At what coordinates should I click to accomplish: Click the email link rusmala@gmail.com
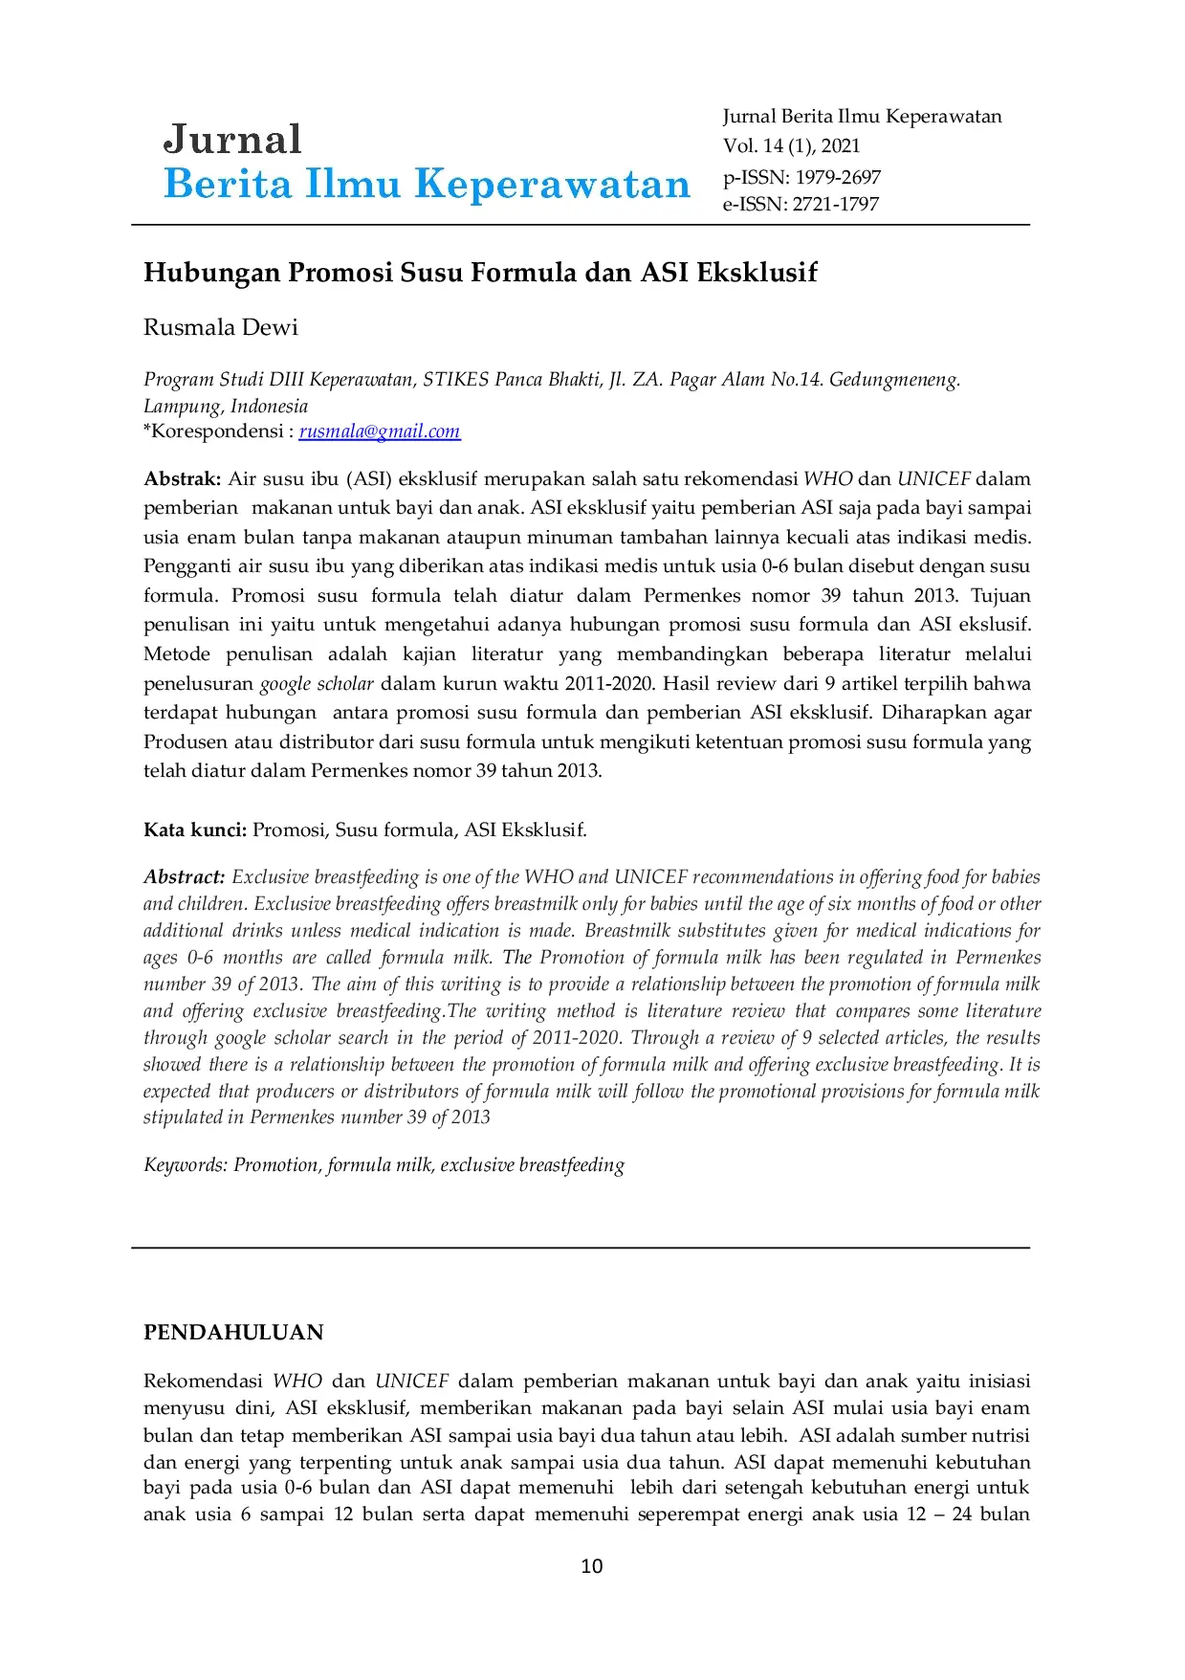tap(379, 431)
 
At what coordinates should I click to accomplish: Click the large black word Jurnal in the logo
tap(232, 140)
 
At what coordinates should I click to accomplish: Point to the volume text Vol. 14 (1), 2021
tap(791, 146)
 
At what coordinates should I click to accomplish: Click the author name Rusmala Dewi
tap(221, 327)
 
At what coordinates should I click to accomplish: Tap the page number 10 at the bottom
tap(592, 1565)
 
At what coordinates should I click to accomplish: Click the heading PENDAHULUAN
tap(233, 1332)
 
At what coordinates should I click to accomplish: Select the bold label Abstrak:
tap(182, 478)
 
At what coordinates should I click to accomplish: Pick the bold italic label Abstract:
tap(185, 876)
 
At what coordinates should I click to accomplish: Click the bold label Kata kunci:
tap(195, 829)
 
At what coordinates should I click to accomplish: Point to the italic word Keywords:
tap(186, 1164)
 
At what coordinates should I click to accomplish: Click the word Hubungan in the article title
tap(211, 273)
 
